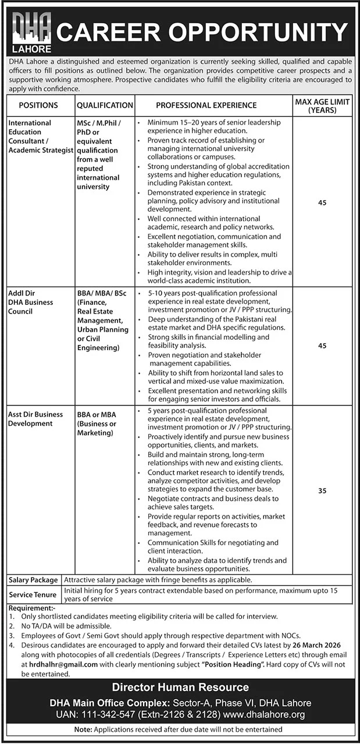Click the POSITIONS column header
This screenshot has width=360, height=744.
coord(38,105)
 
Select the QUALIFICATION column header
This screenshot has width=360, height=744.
coord(105,105)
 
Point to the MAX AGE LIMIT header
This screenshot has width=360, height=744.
coord(322,105)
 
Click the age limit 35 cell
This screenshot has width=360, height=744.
coord(322,491)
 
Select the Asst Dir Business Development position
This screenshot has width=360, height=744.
coord(35,419)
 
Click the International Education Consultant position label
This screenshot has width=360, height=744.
coord(38,136)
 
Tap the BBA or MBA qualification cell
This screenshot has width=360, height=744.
coord(97,423)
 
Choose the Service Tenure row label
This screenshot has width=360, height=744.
coord(33,595)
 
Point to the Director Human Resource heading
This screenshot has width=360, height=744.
coord(180,688)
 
